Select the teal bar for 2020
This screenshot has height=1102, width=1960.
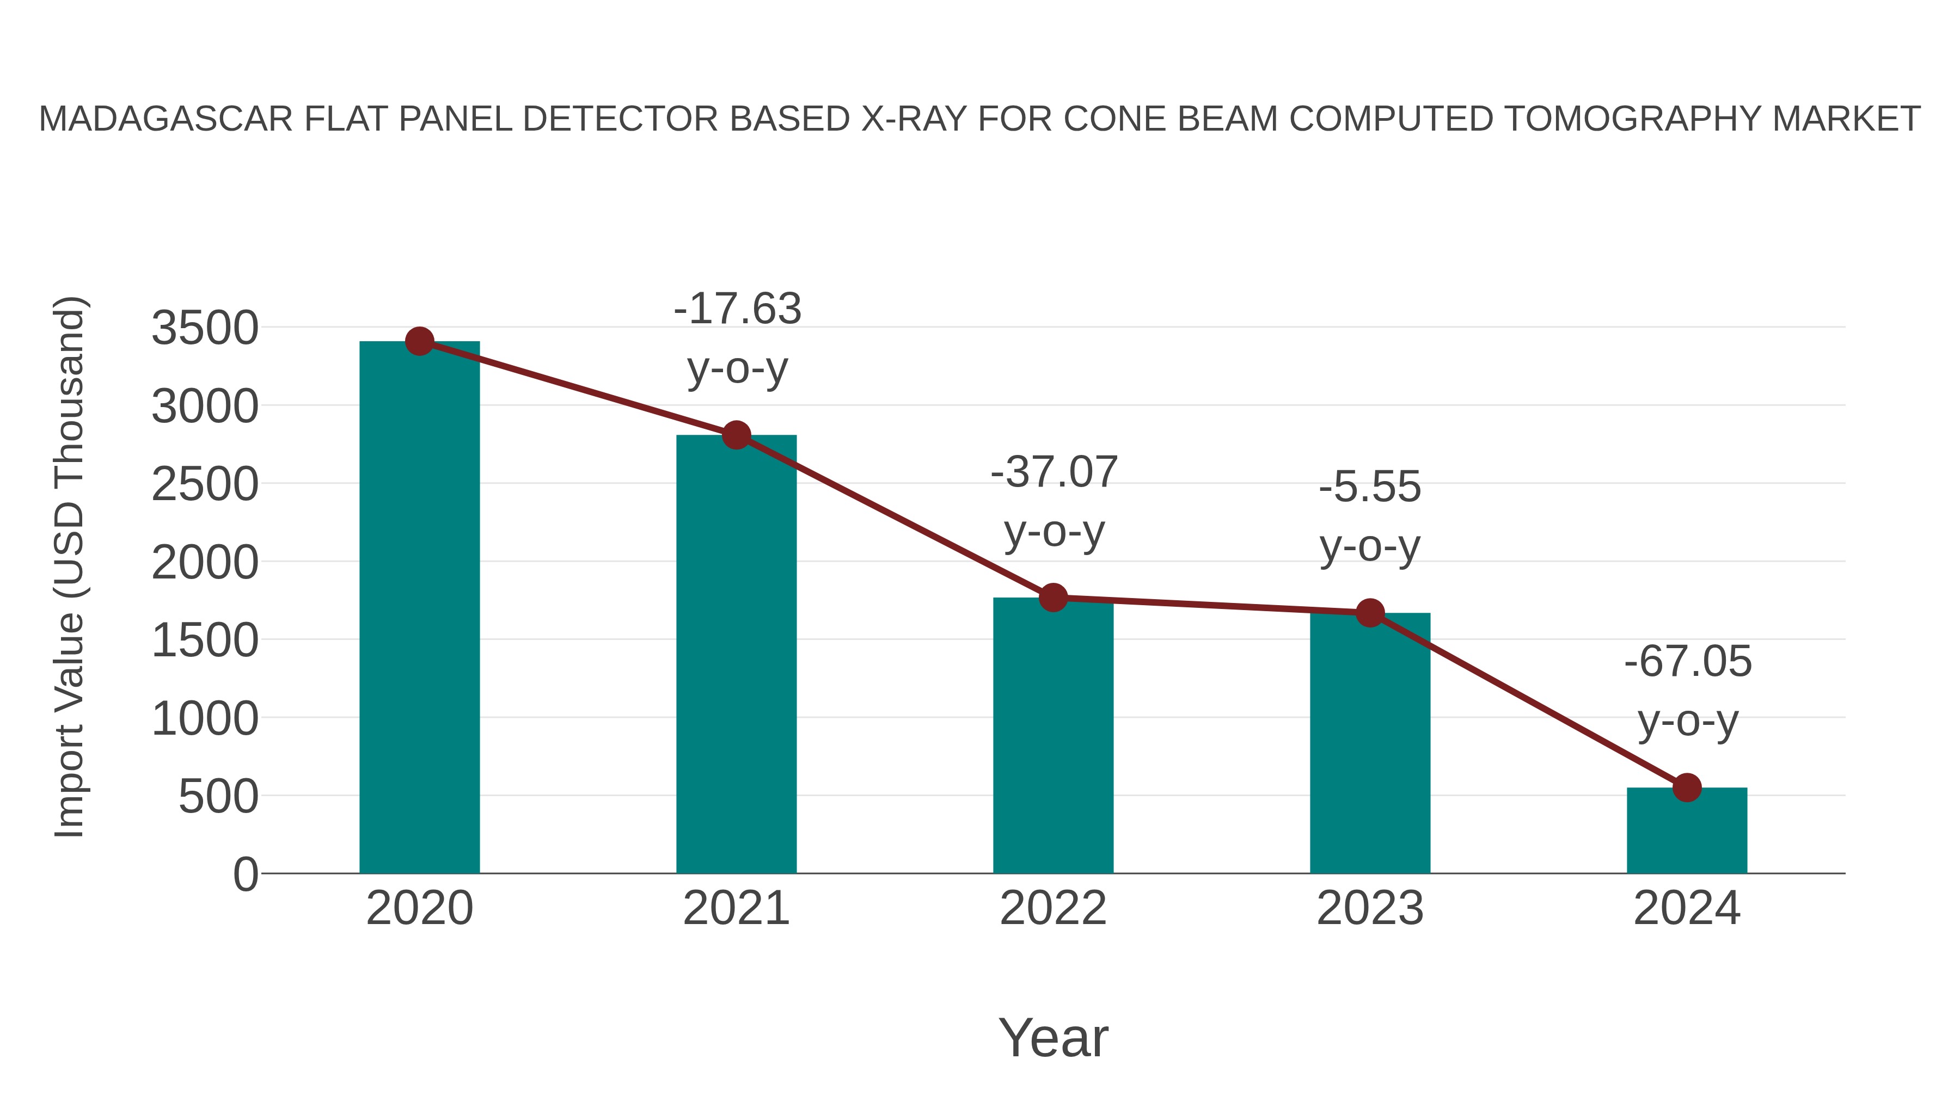point(419,608)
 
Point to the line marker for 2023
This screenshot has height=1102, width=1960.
point(1370,613)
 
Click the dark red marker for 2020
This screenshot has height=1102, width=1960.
point(419,341)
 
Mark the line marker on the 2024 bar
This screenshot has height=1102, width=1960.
point(1687,788)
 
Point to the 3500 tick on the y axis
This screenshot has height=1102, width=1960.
point(205,329)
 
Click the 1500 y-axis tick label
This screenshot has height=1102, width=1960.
point(205,641)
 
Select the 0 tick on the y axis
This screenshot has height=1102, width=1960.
point(246,874)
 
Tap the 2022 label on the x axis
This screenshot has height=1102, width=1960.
point(1053,908)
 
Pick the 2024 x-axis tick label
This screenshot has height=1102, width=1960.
point(1687,908)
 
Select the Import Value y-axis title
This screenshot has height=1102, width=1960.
point(69,567)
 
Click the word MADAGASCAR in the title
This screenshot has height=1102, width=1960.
point(166,119)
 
